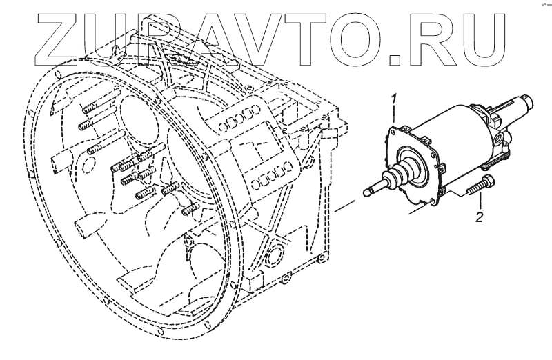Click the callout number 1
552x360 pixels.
[x=394, y=97]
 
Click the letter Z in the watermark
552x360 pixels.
[x=63, y=34]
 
